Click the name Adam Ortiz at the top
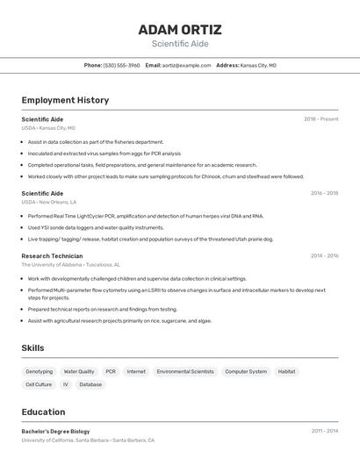tap(179, 29)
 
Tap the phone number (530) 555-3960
tap(121, 65)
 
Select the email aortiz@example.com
tap(186, 65)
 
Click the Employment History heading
tap(65, 100)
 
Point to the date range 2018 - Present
tap(320, 119)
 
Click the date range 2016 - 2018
tap(323, 193)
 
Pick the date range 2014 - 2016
tap(323, 256)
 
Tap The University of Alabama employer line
tap(71, 264)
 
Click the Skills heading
tap(32, 348)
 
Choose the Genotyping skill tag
tap(40, 371)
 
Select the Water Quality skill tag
tap(79, 371)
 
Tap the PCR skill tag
tap(111, 371)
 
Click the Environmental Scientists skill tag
tap(185, 371)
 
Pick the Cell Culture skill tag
tap(39, 384)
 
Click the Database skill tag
tap(90, 384)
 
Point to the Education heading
tap(43, 411)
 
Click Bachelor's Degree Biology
tap(55, 432)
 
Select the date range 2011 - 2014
tap(324, 432)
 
